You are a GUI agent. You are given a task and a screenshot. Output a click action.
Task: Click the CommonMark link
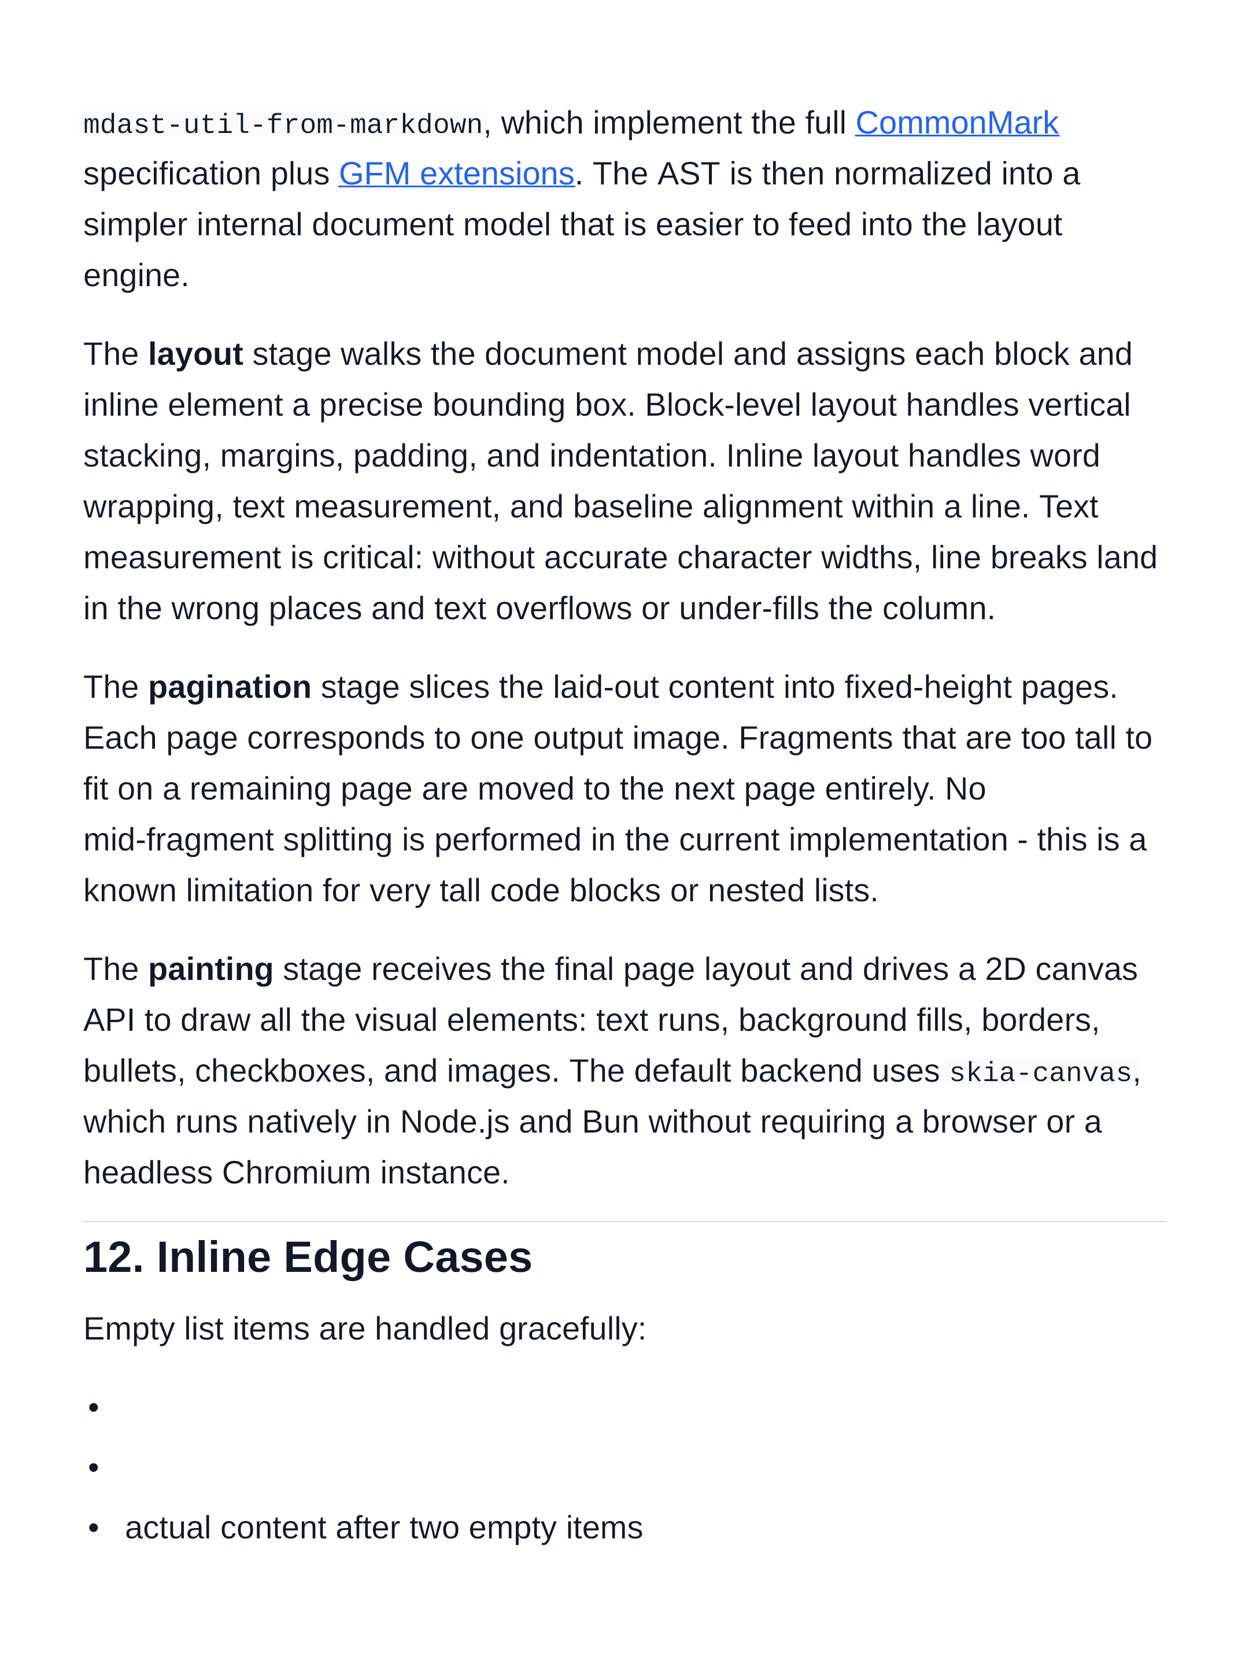956,124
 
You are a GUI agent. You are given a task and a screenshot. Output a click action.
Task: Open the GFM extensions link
456,174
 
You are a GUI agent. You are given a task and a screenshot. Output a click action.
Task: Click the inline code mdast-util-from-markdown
282,124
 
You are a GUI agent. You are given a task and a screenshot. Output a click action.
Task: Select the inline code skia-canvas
1040,1072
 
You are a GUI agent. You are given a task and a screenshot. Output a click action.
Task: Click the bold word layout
195,354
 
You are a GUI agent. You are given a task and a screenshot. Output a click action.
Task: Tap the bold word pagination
230,688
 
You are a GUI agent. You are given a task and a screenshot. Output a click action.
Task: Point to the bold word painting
211,970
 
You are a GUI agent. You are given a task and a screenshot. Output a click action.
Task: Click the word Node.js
454,1122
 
